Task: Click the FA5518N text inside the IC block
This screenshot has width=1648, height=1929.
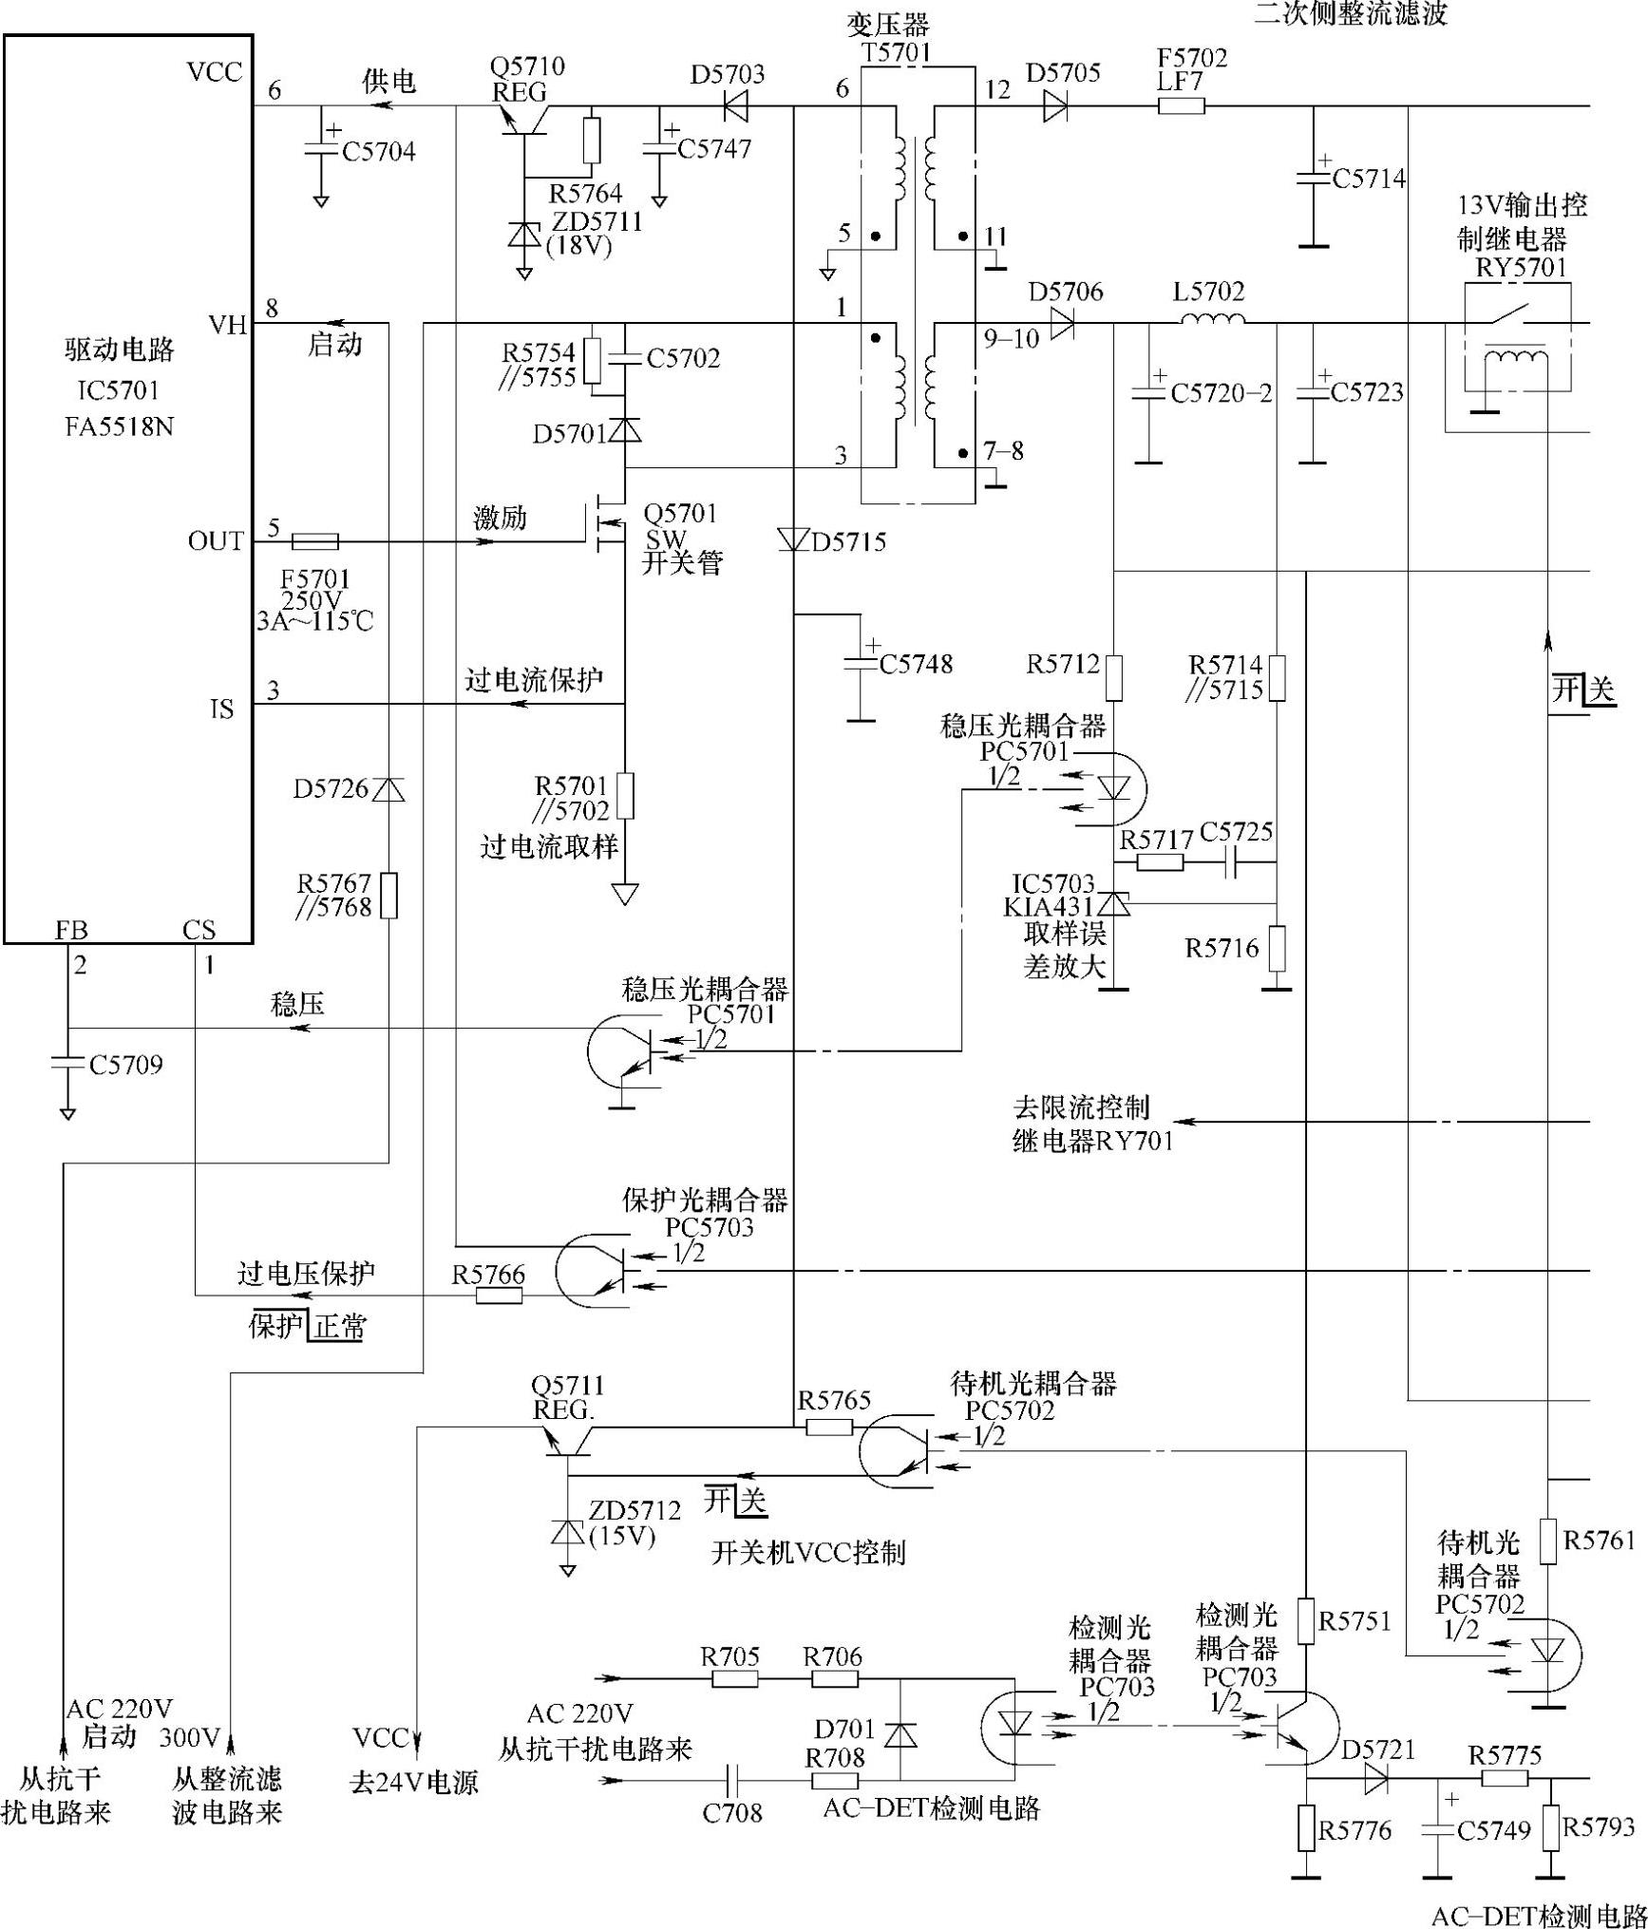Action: tap(120, 426)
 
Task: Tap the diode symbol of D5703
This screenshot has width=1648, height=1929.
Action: tap(735, 106)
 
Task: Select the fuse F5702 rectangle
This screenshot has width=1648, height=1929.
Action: tap(1181, 106)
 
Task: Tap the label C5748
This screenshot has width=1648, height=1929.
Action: tap(916, 664)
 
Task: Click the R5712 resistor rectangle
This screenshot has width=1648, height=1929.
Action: tap(1114, 677)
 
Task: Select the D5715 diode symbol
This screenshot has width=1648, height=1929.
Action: tap(792, 539)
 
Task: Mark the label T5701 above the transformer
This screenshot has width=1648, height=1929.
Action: tap(896, 52)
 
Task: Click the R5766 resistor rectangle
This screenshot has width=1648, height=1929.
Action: tap(499, 1295)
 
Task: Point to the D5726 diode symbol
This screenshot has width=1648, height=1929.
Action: tap(388, 788)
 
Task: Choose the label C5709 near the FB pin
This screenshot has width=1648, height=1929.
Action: tap(125, 1065)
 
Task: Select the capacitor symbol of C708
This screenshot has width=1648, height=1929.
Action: tap(733, 1776)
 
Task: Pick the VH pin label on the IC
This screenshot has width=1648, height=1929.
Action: tap(227, 326)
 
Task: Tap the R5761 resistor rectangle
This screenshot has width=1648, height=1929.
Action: tap(1547, 1541)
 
